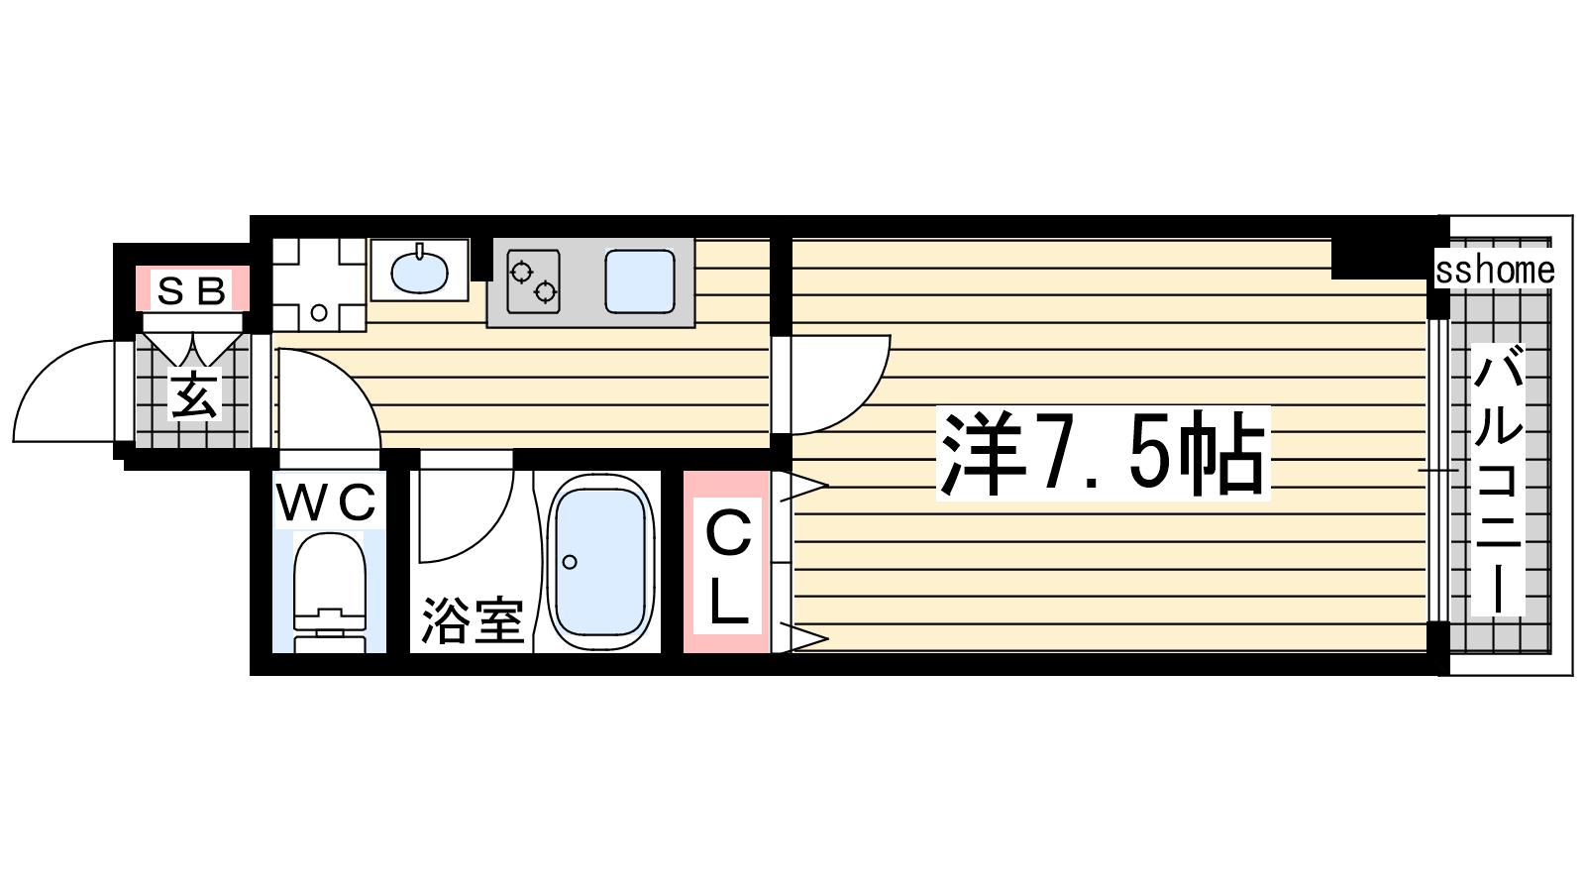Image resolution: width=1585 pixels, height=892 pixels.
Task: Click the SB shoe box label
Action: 191,290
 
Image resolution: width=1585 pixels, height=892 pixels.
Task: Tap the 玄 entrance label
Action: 194,394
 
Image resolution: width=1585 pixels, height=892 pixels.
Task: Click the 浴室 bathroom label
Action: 472,621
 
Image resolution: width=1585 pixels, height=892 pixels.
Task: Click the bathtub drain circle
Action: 570,562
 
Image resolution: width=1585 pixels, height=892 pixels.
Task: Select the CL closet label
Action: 728,568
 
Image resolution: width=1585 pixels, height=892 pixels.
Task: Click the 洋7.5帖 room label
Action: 1103,453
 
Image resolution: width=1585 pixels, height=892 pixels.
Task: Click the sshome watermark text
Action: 1495,271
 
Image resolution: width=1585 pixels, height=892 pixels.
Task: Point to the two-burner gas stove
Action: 534,281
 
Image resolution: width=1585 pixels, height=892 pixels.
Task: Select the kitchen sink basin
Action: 640,281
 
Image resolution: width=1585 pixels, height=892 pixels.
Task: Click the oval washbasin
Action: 420,271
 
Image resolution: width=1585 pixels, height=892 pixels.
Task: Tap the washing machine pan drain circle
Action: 319,312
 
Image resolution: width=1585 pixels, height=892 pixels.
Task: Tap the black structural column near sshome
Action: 1380,258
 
